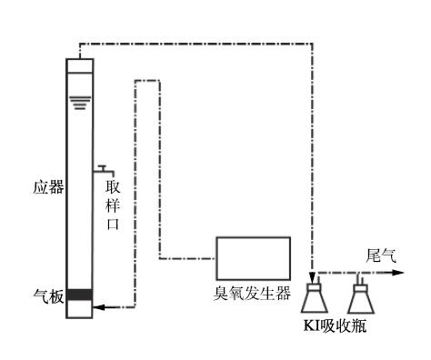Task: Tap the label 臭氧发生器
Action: [252, 293]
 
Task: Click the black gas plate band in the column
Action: [80, 294]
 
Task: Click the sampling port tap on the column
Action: [103, 169]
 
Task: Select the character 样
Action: [114, 206]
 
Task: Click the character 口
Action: [114, 225]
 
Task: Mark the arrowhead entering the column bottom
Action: [98, 308]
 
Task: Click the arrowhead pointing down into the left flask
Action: [312, 275]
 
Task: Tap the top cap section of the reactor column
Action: [80, 65]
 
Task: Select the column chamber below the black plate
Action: [80, 309]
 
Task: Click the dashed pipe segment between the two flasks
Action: [338, 271]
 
